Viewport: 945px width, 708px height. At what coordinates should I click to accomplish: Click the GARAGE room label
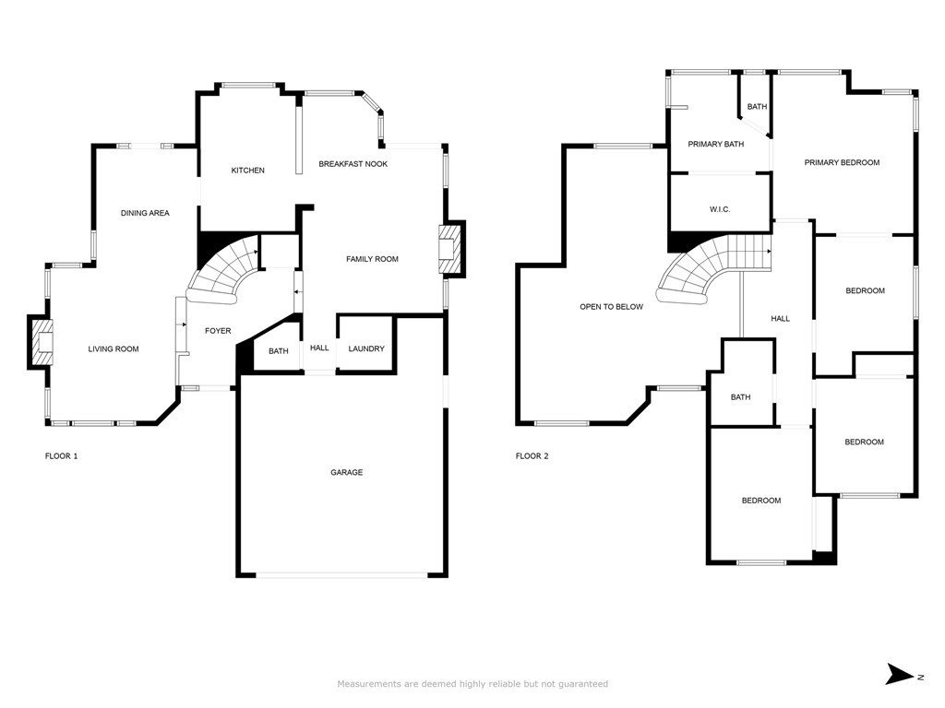point(346,472)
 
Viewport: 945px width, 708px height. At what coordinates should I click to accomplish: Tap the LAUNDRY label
point(366,348)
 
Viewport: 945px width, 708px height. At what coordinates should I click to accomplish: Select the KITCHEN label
point(247,171)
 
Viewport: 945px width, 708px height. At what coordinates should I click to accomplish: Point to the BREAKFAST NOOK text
point(353,164)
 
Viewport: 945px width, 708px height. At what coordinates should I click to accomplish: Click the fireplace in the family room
point(449,250)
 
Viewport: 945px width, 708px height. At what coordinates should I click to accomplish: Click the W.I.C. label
point(720,210)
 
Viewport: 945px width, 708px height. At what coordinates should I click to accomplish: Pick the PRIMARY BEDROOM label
point(842,162)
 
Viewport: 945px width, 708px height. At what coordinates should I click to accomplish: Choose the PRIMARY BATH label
point(715,144)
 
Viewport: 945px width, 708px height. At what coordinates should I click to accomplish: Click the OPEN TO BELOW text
point(611,307)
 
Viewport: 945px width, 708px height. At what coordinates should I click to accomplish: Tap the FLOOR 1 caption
point(62,456)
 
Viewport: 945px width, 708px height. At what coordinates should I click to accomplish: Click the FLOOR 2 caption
point(532,456)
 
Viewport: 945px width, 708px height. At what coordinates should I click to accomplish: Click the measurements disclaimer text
point(472,684)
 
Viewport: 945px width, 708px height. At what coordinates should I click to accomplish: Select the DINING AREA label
point(145,213)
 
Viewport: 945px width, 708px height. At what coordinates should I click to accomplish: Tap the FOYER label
point(218,331)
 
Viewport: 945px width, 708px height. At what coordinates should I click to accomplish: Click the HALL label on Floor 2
point(780,319)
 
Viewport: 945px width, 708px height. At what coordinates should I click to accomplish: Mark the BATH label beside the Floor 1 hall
point(278,351)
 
